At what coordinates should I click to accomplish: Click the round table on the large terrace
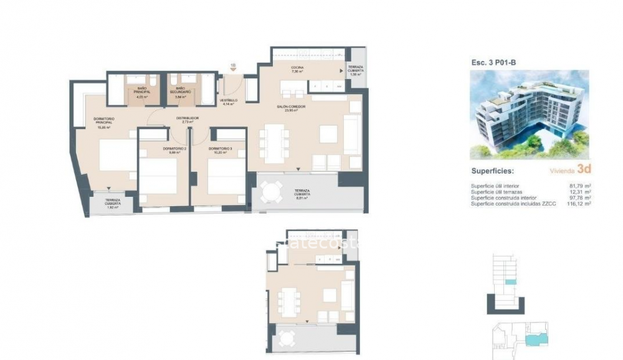271,192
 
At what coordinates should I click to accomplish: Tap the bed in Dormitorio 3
226,178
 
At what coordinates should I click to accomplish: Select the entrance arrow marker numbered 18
233,67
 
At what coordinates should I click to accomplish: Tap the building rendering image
528,114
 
